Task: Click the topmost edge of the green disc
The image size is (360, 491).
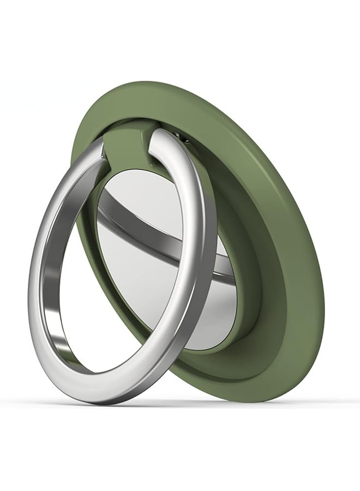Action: tap(142, 82)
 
